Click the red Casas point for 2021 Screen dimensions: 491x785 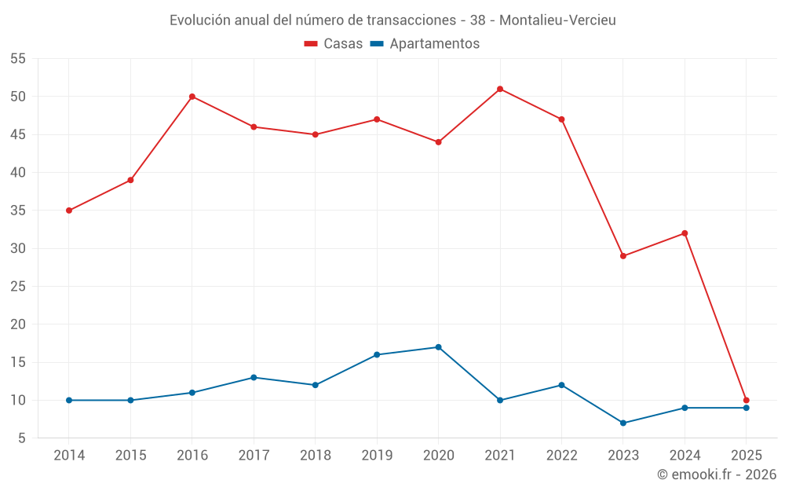500,89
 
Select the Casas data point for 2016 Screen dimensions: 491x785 192,97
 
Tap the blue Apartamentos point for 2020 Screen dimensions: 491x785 438,347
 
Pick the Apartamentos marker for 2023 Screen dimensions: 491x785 623,423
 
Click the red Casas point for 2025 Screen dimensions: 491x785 746,400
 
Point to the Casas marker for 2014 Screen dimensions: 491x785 69,211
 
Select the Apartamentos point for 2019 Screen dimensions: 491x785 377,354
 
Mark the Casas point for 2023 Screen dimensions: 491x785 623,256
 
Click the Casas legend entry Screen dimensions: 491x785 333,44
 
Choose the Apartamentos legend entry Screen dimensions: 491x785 425,44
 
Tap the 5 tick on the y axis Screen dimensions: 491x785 23,438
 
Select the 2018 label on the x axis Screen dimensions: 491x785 316,456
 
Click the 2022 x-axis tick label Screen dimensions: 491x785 561,456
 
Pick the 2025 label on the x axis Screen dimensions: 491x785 746,456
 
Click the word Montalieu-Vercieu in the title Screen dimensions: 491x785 557,20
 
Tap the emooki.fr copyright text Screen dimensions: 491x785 716,475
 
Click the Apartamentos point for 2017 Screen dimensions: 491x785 254,377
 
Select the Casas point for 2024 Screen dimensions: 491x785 685,233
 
